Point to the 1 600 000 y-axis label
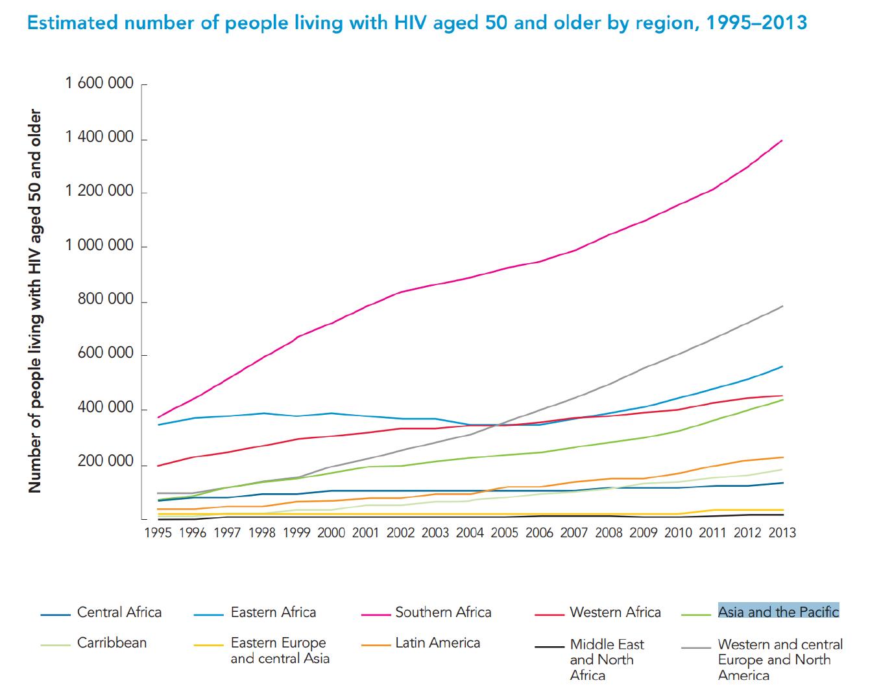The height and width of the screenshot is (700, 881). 99,84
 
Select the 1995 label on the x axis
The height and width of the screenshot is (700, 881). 158,533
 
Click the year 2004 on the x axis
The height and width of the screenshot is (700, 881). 470,533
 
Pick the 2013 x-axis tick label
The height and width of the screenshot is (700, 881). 782,533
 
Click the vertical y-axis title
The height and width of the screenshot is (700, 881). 35,301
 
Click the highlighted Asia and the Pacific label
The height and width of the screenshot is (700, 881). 778,612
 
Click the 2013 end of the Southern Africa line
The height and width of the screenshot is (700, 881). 782,140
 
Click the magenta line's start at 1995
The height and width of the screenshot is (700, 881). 158,417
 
